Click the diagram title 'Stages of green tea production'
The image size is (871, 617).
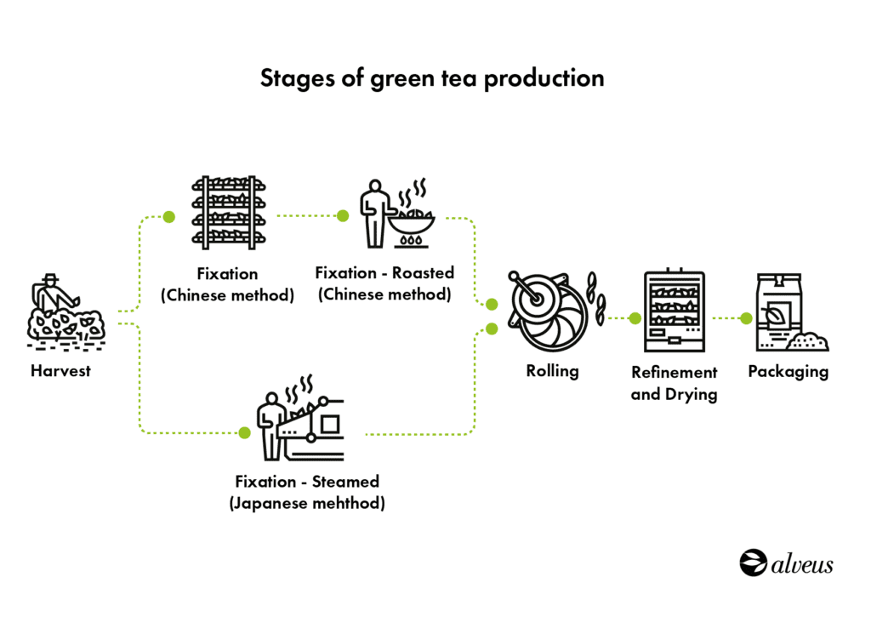pyautogui.click(x=431, y=78)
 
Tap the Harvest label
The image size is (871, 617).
pyautogui.click(x=60, y=371)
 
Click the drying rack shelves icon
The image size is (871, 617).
pyautogui.click(x=225, y=212)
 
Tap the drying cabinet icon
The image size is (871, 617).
pyautogui.click(x=675, y=311)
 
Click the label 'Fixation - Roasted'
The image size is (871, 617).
pyautogui.click(x=384, y=273)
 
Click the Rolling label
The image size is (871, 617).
pyautogui.click(x=552, y=371)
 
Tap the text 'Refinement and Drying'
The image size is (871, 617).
pyautogui.click(x=674, y=383)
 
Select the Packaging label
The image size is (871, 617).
pyautogui.click(x=788, y=372)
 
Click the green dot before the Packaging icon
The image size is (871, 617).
pyautogui.click(x=746, y=319)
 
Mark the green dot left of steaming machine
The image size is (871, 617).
pyautogui.click(x=244, y=432)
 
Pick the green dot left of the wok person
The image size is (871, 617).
pyautogui.click(x=343, y=215)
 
